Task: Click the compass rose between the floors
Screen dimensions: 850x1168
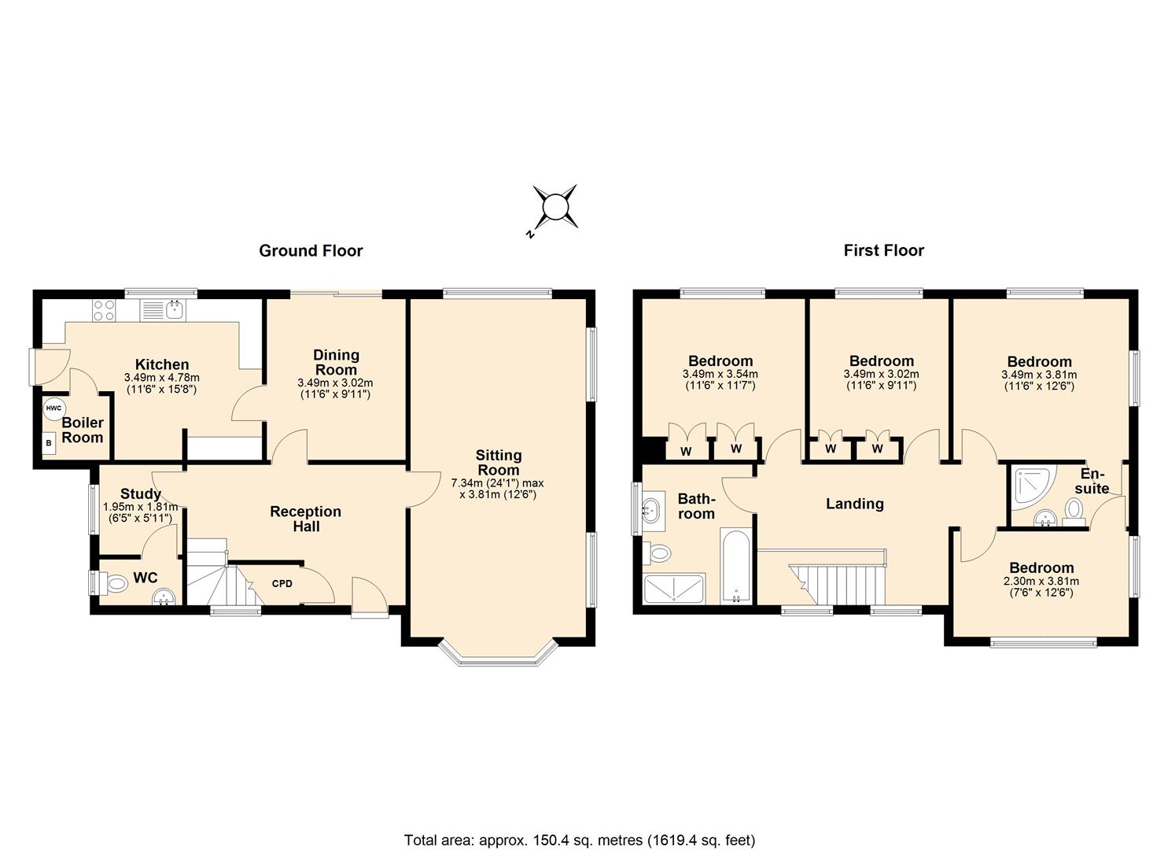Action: (555, 207)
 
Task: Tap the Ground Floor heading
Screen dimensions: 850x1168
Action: (311, 251)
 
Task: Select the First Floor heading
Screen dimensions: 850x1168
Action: (883, 251)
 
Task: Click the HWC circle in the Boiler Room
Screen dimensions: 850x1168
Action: (53, 408)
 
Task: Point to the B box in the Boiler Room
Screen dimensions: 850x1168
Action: (50, 443)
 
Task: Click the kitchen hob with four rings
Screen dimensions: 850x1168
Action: (105, 311)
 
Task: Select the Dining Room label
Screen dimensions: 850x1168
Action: (336, 362)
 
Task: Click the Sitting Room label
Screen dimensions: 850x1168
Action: (498, 462)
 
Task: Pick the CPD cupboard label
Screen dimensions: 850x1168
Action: (282, 584)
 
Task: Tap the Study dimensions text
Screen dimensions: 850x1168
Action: (140, 512)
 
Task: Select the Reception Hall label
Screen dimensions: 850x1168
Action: (305, 519)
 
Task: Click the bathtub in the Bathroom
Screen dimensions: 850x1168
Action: (736, 565)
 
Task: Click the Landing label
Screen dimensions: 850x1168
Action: (854, 504)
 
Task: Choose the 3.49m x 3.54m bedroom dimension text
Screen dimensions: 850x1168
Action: (720, 380)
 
